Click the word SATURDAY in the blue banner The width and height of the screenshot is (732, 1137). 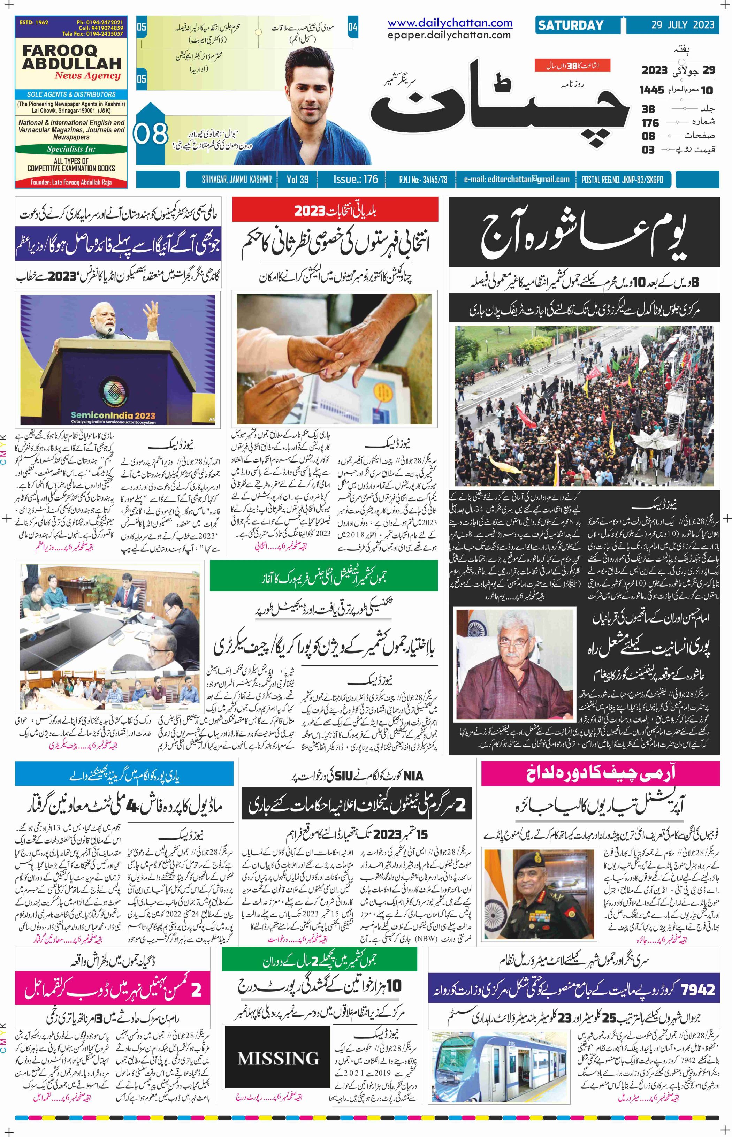point(570,25)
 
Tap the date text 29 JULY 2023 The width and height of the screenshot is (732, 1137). point(683,25)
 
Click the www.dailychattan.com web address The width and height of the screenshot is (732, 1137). point(450,23)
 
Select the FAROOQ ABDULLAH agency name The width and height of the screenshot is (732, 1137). point(71,57)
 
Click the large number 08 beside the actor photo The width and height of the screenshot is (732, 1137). point(151,134)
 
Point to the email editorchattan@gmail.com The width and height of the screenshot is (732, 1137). point(517,179)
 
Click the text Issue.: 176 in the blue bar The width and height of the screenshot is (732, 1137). point(356,179)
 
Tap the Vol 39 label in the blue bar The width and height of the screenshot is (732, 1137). point(298,179)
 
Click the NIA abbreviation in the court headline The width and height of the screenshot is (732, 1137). point(413,776)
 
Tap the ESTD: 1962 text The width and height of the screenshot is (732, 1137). point(34,22)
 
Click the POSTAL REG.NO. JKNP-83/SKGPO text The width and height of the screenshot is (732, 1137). point(622,179)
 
